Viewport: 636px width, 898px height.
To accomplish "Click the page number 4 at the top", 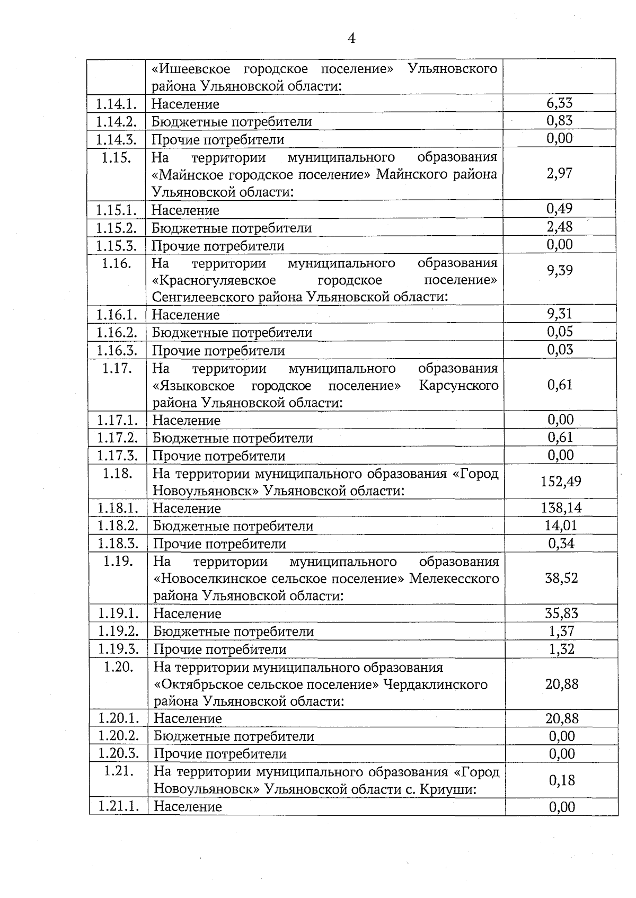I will click(x=351, y=39).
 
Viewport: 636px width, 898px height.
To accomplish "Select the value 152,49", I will click(x=561, y=481).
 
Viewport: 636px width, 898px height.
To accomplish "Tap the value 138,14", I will click(x=561, y=508).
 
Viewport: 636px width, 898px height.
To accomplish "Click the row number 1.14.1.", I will click(x=117, y=104).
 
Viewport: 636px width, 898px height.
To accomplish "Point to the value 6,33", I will click(x=560, y=103).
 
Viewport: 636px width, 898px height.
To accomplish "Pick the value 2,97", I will click(x=560, y=173).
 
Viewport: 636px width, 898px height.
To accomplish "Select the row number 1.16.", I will click(x=117, y=263).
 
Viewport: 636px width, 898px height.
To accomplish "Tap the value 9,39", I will click(x=560, y=271).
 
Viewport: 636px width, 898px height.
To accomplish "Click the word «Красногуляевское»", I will click(x=214, y=280).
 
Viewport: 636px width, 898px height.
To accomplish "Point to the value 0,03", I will click(x=560, y=350).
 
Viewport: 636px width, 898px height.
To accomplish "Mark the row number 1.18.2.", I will click(x=118, y=526).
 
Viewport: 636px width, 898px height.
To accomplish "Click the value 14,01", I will click(x=561, y=526).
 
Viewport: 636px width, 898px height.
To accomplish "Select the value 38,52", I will click(x=561, y=578).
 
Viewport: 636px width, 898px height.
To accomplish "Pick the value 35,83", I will click(x=561, y=614).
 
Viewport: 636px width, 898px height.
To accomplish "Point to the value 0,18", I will click(x=562, y=780).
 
